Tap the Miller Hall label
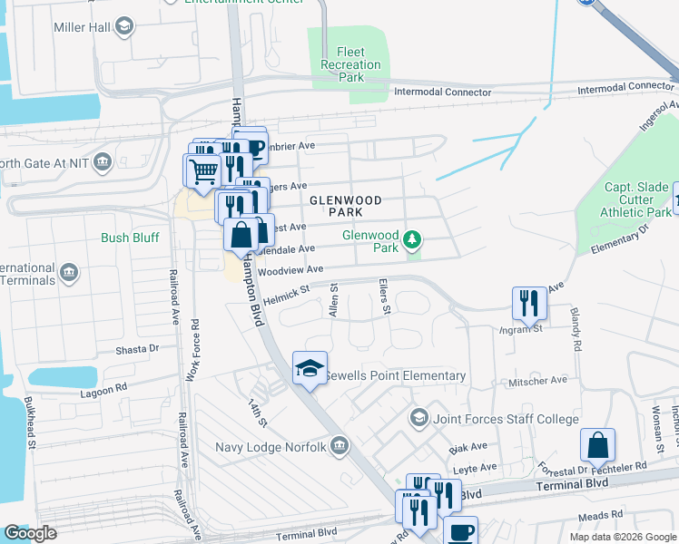81,27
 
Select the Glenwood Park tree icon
413,239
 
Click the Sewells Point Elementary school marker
310,368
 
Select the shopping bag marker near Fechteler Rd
597,445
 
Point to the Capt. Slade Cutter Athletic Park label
635,199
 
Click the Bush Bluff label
130,238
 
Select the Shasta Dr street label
136,348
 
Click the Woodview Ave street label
290,270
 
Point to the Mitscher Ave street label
539,380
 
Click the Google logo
30,533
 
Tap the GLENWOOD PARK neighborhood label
344,205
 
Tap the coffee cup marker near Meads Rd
460,531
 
